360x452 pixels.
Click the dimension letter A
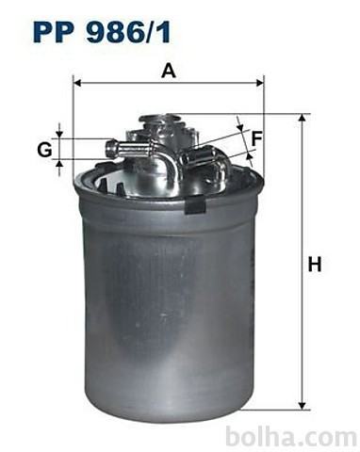coord(169,71)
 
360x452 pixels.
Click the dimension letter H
coord(315,264)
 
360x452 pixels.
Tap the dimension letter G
coord(44,150)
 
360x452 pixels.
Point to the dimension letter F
coord(256,138)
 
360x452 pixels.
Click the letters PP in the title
coord(54,32)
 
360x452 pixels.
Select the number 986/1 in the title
coord(128,32)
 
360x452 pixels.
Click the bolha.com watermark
coord(291,436)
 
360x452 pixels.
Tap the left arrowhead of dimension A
coord(77,83)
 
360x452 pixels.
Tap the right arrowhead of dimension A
coord(260,83)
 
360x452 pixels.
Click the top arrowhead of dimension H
coord(302,118)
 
